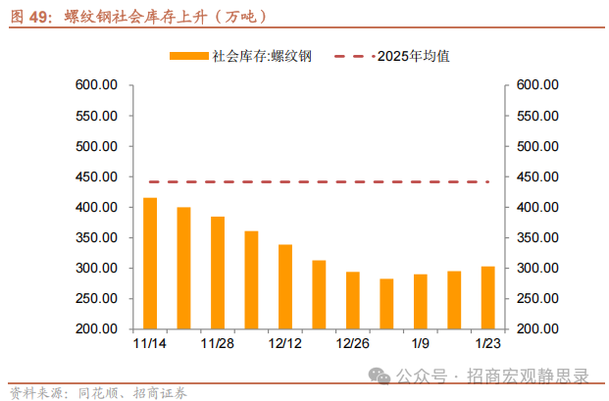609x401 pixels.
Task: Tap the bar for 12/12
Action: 285,286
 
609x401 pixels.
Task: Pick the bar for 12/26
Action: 353,300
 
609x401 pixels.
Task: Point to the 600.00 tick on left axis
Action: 96,86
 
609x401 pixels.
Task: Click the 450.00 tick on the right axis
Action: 537,177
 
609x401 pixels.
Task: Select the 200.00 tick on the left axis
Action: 96,329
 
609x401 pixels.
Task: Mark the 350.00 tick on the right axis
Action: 537,238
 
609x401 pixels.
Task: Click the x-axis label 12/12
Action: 285,345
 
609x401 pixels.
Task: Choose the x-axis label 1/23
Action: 487,345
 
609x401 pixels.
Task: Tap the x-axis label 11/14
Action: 150,345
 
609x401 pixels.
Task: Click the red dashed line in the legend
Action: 354,57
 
